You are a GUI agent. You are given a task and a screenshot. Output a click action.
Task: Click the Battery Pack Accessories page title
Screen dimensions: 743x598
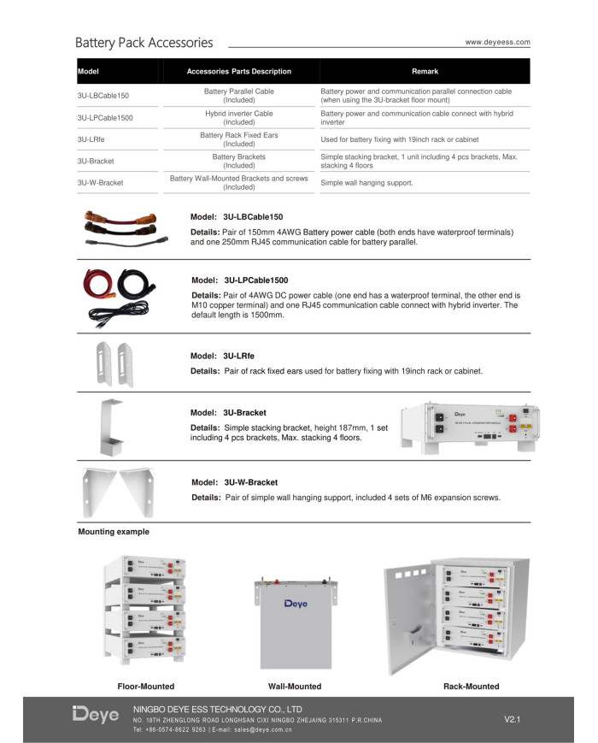144,42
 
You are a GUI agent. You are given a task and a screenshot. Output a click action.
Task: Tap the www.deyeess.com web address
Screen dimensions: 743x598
497,42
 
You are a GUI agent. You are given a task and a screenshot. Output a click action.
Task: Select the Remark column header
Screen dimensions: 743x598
425,71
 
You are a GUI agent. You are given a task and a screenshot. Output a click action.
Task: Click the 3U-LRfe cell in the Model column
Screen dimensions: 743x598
90,139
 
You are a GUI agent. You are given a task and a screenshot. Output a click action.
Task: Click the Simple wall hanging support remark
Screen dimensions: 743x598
366,183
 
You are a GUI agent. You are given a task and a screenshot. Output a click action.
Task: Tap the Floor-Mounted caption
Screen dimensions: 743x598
145,687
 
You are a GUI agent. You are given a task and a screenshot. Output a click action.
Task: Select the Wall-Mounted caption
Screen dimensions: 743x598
295,687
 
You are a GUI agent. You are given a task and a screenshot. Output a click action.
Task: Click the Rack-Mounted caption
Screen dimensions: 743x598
472,687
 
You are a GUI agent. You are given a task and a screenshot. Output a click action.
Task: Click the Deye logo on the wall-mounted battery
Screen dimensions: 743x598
296,604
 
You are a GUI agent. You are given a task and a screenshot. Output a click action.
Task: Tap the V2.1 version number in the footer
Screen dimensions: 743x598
513,719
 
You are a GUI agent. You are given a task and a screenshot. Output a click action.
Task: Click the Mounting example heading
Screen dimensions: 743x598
114,532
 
